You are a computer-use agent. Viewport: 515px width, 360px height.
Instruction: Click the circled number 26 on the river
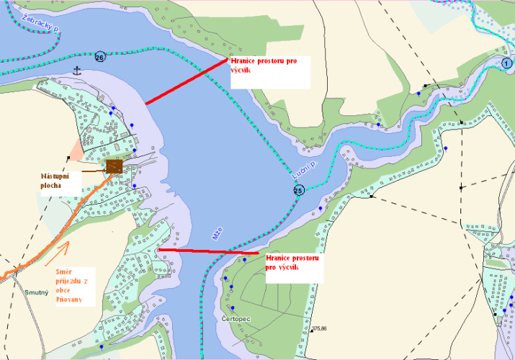pyautogui.click(x=99, y=57)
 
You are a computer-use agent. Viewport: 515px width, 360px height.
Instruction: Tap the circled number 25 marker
pyautogui.click(x=298, y=191)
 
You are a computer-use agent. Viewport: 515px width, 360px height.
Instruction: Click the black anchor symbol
pyautogui.click(x=76, y=71)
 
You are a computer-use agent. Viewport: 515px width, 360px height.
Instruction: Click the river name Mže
pyautogui.click(x=217, y=234)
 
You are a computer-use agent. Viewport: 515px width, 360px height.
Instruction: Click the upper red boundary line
pyautogui.click(x=187, y=81)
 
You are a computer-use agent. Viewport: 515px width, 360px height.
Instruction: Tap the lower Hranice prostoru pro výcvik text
pyautogui.click(x=292, y=262)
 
